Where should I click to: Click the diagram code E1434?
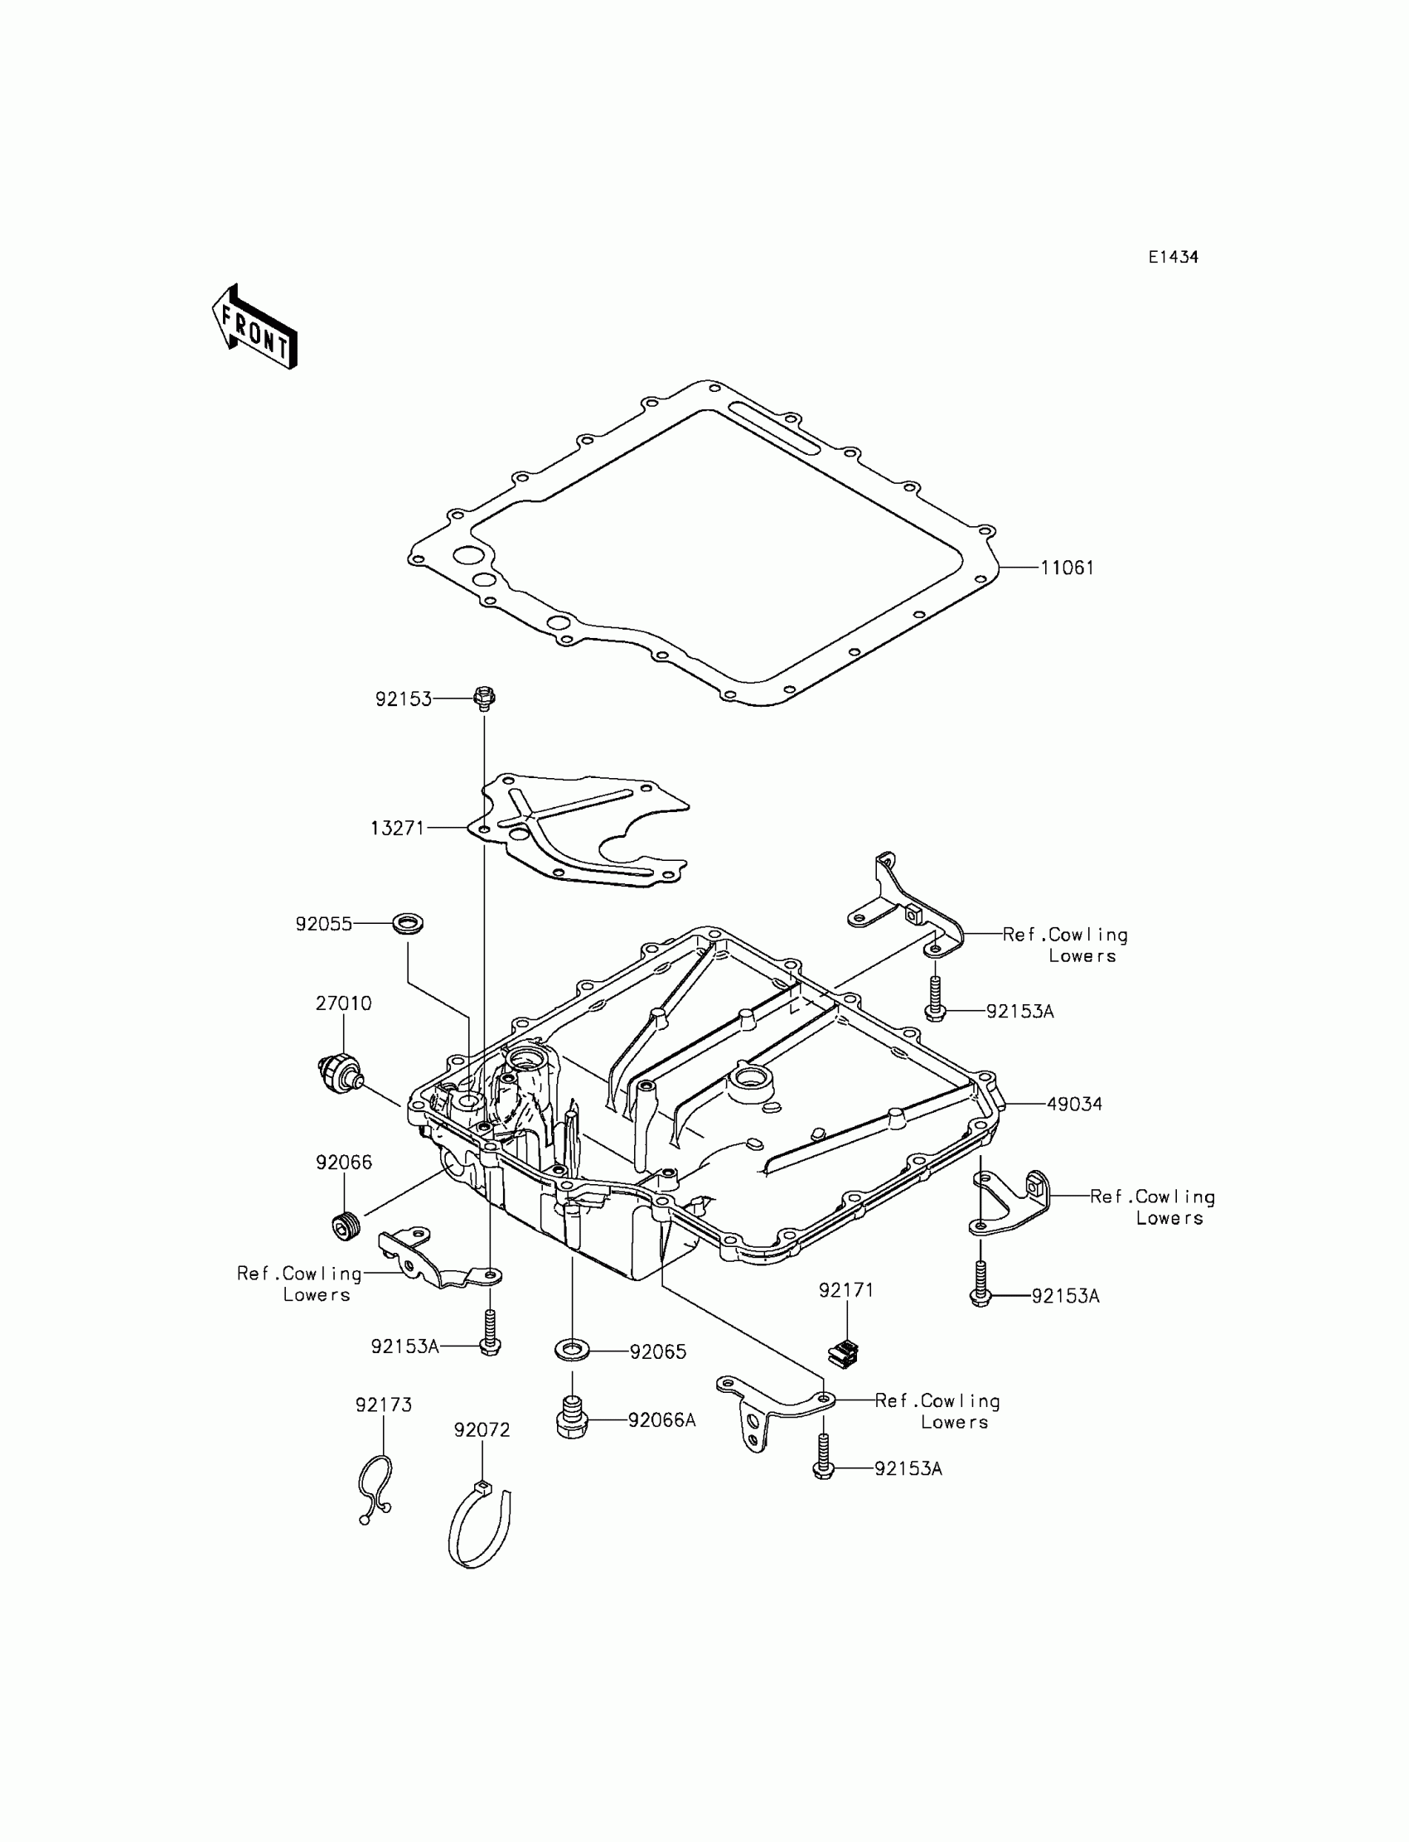tap(1173, 258)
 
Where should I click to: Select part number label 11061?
tap(1067, 568)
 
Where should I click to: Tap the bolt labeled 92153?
tap(484, 697)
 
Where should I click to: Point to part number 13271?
tap(398, 828)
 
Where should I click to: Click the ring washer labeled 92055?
tap(409, 924)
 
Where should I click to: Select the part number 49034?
tap(1073, 1105)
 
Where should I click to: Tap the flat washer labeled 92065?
tap(572, 1351)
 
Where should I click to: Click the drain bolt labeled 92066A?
tap(571, 1420)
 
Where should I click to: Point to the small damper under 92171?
tap(844, 1353)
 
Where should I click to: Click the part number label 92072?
tap(482, 1429)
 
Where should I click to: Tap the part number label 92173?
tap(383, 1404)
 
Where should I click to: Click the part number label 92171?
tap(846, 1290)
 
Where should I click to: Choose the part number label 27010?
tap(343, 1003)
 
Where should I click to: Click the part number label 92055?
tap(324, 924)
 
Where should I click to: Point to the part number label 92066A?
tap(661, 1419)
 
